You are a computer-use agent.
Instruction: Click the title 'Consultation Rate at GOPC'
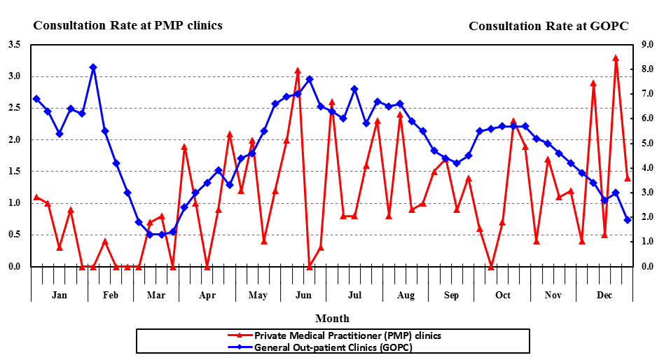coord(548,26)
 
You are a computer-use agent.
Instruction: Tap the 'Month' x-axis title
coord(332,319)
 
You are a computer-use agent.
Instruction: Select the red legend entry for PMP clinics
coord(347,335)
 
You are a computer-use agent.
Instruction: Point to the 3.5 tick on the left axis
coord(13,45)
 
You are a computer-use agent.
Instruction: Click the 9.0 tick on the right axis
coord(648,45)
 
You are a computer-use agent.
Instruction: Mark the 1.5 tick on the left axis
coord(13,172)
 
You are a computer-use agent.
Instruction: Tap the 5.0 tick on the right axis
coord(648,144)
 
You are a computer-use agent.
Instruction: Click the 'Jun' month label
coord(304,295)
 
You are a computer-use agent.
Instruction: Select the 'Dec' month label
coord(604,295)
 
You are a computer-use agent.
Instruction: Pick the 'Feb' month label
coord(111,295)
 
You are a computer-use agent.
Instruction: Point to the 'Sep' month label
coord(452,295)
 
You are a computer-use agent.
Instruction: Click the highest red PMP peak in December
coord(616,58)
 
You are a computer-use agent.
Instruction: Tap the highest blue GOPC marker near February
coord(93,67)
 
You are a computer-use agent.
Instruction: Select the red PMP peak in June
coord(298,71)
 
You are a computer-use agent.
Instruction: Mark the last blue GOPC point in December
coord(628,220)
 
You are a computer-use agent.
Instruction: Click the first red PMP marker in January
coord(36,197)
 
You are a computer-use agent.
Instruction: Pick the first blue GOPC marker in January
coord(36,99)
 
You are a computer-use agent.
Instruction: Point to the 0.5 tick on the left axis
coord(13,235)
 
